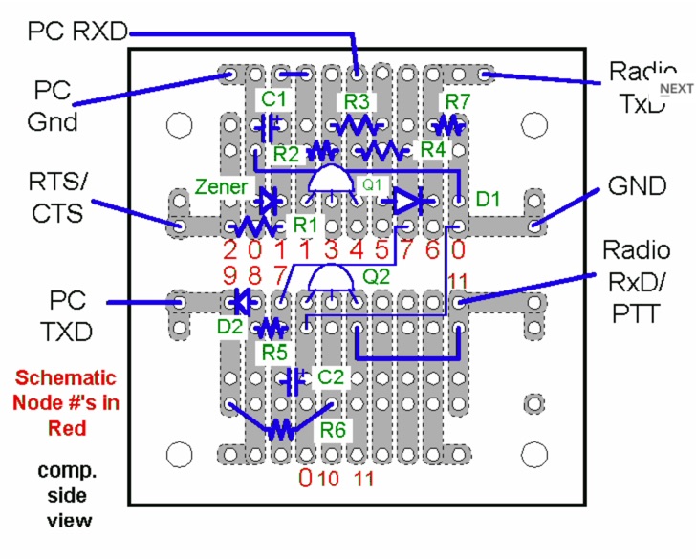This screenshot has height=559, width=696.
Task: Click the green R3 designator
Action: click(358, 100)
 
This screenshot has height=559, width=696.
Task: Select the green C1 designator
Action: click(274, 98)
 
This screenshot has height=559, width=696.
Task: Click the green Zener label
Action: click(222, 186)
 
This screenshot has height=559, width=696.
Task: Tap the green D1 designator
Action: click(488, 199)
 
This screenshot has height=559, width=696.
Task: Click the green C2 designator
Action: click(330, 376)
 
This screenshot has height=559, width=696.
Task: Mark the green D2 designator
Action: click(228, 327)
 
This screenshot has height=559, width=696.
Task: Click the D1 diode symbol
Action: click(406, 201)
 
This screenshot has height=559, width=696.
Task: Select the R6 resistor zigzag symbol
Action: click(279, 427)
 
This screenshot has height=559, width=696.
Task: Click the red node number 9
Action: click(230, 275)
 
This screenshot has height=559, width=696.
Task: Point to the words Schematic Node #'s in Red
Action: click(65, 402)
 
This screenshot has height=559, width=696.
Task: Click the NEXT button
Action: click(676, 88)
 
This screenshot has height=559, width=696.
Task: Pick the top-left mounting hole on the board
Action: click(177, 125)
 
